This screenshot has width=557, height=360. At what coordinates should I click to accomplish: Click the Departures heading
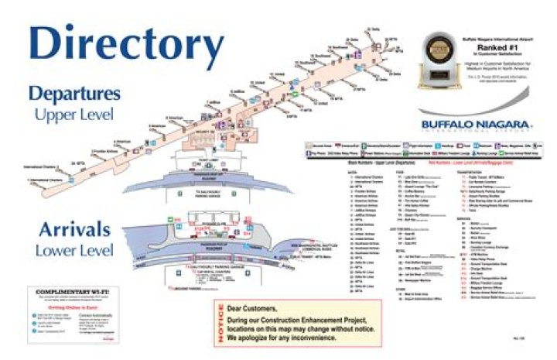74,94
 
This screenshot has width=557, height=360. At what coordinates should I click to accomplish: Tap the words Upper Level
74,115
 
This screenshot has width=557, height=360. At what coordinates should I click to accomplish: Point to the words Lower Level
74,251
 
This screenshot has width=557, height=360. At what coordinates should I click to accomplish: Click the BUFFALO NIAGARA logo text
476,125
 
